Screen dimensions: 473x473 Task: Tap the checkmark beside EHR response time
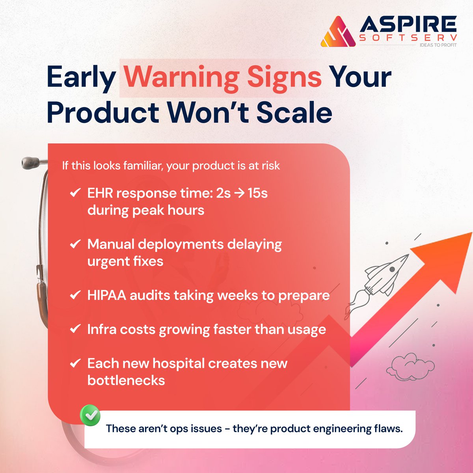[75, 193]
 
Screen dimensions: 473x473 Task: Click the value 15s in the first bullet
[257, 193]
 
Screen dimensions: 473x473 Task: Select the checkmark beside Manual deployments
[75, 244]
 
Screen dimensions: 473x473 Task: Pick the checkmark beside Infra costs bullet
[75, 329]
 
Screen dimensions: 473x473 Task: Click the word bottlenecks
[126, 380]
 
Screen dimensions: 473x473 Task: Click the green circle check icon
[90, 415]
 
